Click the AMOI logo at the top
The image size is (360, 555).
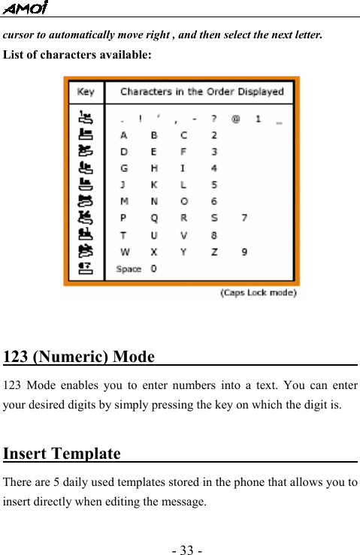click(x=26, y=8)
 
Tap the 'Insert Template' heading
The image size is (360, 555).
click(x=62, y=454)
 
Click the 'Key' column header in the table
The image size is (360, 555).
click(x=86, y=92)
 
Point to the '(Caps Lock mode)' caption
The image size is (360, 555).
click(x=258, y=293)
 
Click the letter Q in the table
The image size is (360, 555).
click(x=154, y=219)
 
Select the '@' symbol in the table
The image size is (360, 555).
click(x=235, y=119)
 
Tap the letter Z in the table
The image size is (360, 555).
click(x=214, y=252)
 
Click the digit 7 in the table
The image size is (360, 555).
click(x=244, y=219)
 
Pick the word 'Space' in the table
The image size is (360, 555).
click(x=129, y=269)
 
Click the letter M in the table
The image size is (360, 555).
click(x=124, y=201)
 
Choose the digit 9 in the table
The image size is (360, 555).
click(x=244, y=252)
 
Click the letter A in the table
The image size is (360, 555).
click(x=124, y=135)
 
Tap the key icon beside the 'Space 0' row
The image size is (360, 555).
click(x=86, y=268)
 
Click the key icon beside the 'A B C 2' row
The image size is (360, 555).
click(x=86, y=135)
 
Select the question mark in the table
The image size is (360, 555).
click(x=214, y=119)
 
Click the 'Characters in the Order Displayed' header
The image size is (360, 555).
click(x=201, y=92)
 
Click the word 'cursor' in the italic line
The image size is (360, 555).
click(x=20, y=35)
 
